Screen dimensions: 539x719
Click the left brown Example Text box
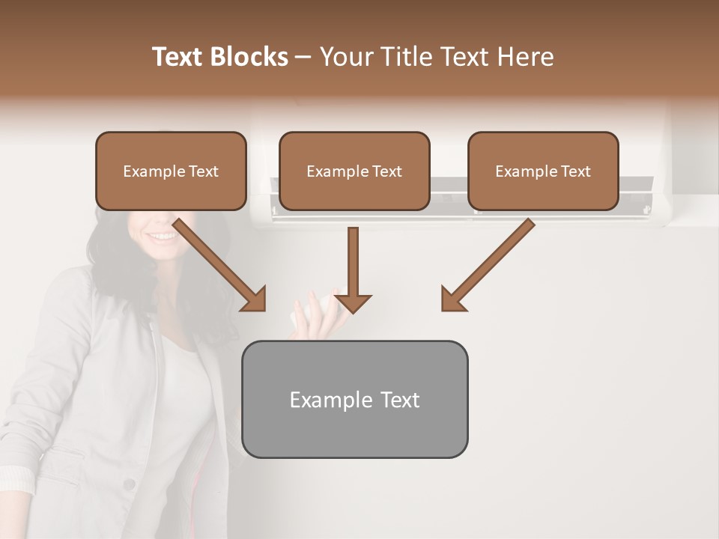pyautogui.click(x=171, y=171)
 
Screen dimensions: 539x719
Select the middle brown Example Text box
pyautogui.click(x=354, y=171)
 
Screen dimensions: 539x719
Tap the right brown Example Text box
pyautogui.click(x=543, y=171)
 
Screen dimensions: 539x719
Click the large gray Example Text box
pyautogui.click(x=354, y=400)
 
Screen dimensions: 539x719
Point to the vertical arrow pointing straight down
pyautogui.click(x=353, y=269)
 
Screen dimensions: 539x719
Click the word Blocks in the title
pyautogui.click(x=250, y=57)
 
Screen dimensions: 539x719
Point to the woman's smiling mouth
pyautogui.click(x=163, y=237)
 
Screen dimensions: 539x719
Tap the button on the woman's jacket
pyautogui.click(x=130, y=484)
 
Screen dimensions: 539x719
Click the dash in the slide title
pyautogui.click(x=303, y=58)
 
